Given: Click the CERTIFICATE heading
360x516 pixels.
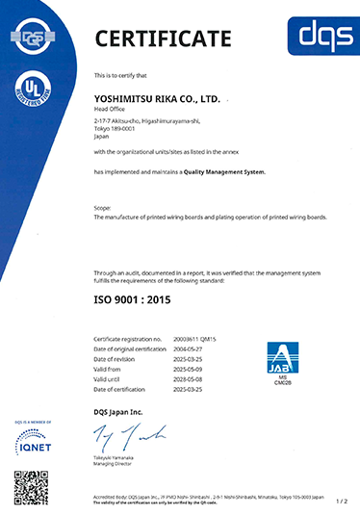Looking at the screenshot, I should click(163, 39).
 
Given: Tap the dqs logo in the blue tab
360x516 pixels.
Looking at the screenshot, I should click(324, 36).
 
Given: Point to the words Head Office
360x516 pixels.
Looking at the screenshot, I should click(112, 111).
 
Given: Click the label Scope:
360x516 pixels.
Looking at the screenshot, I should click(102, 208).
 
